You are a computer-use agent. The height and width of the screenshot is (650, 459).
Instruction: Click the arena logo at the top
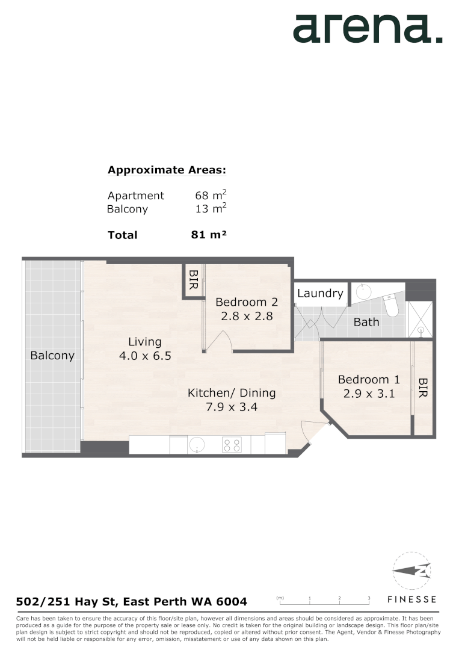[x=367, y=28]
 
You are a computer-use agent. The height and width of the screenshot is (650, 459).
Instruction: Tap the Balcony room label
[x=52, y=356]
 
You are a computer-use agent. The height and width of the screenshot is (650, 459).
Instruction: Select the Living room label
[x=145, y=342]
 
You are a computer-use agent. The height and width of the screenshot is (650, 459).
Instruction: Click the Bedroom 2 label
[x=247, y=302]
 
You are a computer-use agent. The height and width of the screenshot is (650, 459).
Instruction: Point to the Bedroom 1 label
[x=368, y=380]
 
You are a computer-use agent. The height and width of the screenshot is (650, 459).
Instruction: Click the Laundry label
[x=320, y=294]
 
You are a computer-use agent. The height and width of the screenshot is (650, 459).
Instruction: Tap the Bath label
[x=366, y=322]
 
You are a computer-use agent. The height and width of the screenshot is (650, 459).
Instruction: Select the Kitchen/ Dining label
[x=232, y=393]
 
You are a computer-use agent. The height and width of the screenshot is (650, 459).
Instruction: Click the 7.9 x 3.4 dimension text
[x=232, y=407]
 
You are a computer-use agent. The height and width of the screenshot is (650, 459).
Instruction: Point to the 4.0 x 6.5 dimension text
[x=145, y=356]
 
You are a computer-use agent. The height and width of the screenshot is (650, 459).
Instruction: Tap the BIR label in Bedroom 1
[x=422, y=388]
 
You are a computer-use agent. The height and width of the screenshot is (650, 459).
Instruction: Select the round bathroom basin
[x=363, y=292]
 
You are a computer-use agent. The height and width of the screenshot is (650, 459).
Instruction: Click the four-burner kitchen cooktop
[x=232, y=445]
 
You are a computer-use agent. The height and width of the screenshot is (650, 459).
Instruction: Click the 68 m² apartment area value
[x=211, y=195]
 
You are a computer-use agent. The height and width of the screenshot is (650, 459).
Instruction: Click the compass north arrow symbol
[x=412, y=571]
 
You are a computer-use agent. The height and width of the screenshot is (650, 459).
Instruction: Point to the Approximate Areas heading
[x=167, y=170]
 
